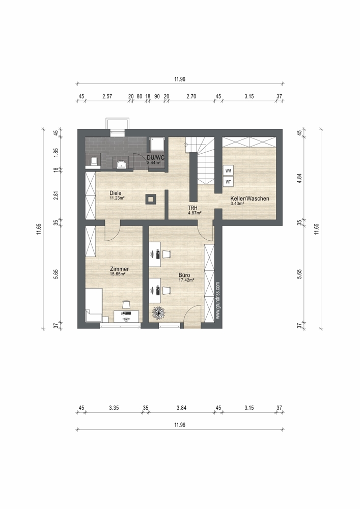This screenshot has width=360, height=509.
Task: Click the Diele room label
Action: (x=115, y=193)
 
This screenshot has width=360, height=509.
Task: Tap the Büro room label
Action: (x=184, y=275)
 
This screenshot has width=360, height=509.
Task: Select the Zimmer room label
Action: (x=120, y=269)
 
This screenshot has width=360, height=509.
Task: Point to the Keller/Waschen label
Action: (x=250, y=199)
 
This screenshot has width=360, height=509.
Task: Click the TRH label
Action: (x=193, y=208)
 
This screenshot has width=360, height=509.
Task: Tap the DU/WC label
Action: (x=156, y=158)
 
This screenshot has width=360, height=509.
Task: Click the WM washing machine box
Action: (x=228, y=171)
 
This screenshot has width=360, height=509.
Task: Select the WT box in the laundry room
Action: (x=228, y=182)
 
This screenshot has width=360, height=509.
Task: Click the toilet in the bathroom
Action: (x=94, y=161)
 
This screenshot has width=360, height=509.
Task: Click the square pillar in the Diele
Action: (x=151, y=199)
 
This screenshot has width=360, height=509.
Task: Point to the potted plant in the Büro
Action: (x=159, y=313)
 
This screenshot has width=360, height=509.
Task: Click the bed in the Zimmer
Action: (x=94, y=305)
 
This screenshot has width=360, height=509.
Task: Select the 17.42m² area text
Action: (x=186, y=280)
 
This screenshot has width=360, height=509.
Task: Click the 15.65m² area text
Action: (x=118, y=273)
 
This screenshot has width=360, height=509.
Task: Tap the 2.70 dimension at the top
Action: (x=191, y=96)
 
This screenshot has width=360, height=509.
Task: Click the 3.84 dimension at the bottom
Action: (x=181, y=408)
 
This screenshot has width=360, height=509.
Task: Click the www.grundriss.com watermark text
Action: (x=218, y=300)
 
